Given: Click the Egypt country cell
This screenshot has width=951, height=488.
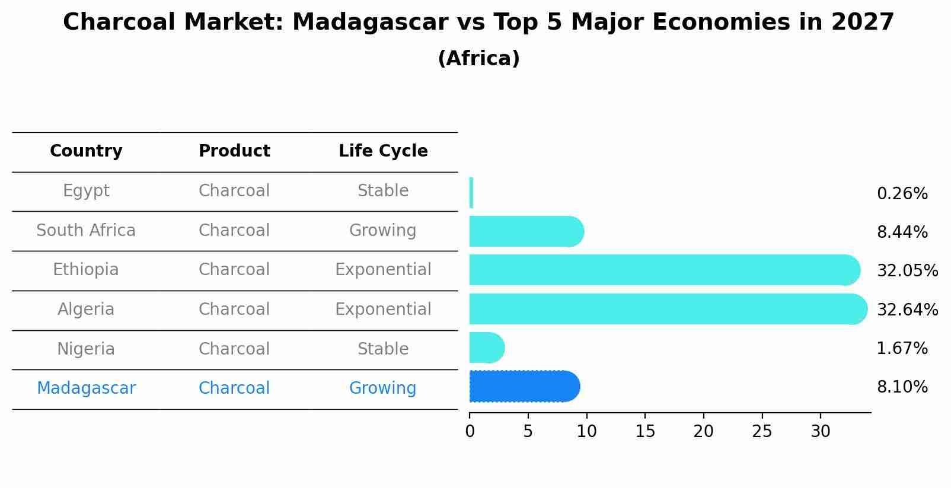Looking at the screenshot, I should pyautogui.click(x=86, y=191).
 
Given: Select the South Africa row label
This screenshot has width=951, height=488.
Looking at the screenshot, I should pyautogui.click(x=86, y=231).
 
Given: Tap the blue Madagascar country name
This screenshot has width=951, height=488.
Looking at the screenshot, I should pyautogui.click(x=86, y=388).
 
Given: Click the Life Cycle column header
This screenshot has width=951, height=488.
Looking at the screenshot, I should pyautogui.click(x=383, y=151).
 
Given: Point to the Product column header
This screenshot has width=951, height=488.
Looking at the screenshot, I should pyautogui.click(x=234, y=151).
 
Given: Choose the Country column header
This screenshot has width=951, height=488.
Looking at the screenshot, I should pyautogui.click(x=86, y=151).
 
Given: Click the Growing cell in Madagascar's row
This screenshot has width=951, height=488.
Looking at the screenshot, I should pyautogui.click(x=383, y=388).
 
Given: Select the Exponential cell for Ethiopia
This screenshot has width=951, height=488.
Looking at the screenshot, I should pyautogui.click(x=383, y=270).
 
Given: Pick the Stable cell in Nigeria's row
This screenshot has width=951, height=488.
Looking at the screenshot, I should pyautogui.click(x=383, y=349).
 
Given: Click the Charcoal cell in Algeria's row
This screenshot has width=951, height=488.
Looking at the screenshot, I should pyautogui.click(x=234, y=310).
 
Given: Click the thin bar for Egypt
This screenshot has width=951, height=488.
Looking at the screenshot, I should pyautogui.click(x=471, y=193).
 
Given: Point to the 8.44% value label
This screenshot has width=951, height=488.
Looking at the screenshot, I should pyautogui.click(x=902, y=232).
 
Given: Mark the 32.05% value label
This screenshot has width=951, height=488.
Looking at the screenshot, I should pyautogui.click(x=907, y=271).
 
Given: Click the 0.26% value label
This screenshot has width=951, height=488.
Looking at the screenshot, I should pyautogui.click(x=902, y=194).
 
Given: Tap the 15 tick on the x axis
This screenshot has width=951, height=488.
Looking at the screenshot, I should pyautogui.click(x=645, y=432).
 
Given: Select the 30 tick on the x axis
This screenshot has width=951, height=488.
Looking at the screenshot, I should pyautogui.click(x=821, y=432).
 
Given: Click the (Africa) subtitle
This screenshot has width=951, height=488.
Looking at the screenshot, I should pyautogui.click(x=478, y=59).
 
